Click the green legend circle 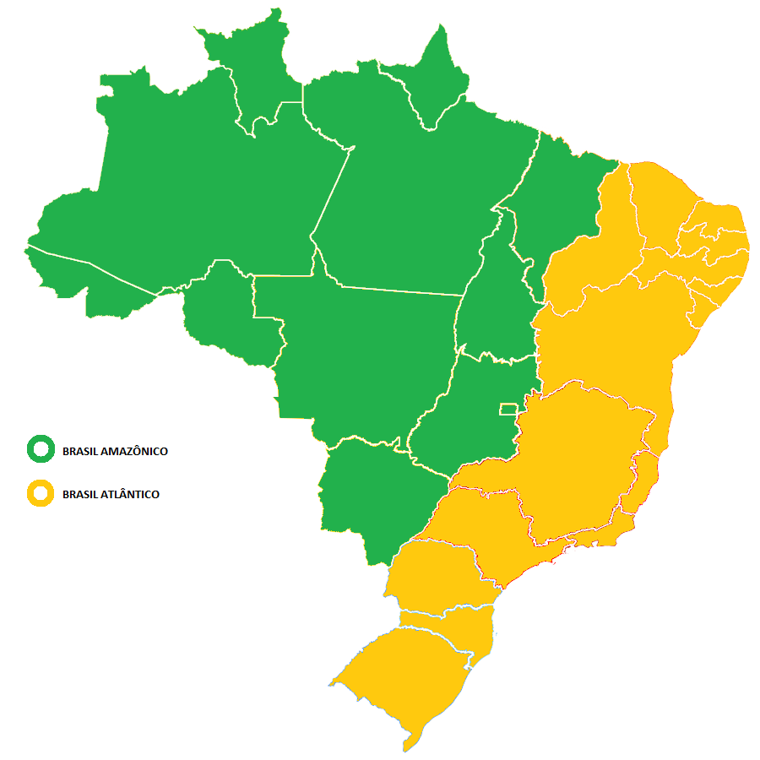(40, 450)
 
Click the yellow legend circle (40, 494)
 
